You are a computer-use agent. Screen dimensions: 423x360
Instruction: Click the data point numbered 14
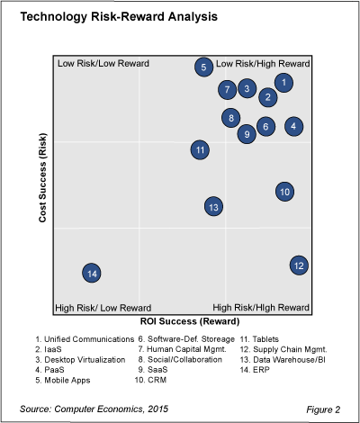91,273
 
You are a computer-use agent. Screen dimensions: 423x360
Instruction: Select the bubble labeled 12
299,265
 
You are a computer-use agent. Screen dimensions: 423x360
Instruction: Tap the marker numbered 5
204,66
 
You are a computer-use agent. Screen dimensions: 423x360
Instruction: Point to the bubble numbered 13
213,207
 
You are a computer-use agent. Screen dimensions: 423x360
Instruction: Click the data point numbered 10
284,191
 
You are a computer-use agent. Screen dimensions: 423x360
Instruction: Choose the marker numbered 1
283,83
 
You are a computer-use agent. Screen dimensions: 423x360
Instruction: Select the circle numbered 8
231,117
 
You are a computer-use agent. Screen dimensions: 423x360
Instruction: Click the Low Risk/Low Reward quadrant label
103,64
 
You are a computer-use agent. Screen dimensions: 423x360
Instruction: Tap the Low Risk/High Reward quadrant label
263,64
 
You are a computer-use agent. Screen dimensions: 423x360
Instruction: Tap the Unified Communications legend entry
81,338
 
